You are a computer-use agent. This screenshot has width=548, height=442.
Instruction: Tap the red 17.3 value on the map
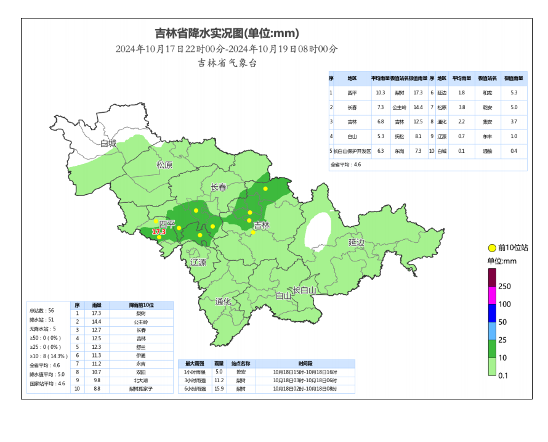coord(159,232)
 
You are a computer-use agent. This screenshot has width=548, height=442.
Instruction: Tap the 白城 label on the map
coord(108,144)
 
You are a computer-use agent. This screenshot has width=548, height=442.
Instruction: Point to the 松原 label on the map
coord(164,165)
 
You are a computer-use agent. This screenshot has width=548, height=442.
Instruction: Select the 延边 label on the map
coord(357,242)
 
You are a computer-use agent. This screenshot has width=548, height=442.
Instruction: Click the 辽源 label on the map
coord(198,263)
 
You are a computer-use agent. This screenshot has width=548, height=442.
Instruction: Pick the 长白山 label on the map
coord(304,290)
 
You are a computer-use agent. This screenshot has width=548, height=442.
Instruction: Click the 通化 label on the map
coord(223,301)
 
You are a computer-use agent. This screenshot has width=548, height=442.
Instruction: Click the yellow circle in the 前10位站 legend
coord(492,248)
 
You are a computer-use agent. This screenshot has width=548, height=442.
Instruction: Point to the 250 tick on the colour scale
coord(505,287)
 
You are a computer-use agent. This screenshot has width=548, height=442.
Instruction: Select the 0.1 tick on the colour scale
coord(503,375)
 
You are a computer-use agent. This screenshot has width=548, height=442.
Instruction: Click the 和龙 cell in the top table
coord(487,92)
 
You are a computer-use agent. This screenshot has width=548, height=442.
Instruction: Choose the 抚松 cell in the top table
coord(399,136)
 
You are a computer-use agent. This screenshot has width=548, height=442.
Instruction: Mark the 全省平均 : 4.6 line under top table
coord(346,165)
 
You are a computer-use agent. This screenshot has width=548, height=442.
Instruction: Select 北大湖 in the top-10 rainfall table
coord(141,380)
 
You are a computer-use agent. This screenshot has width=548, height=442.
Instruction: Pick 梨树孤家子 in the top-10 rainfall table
coord(141,389)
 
